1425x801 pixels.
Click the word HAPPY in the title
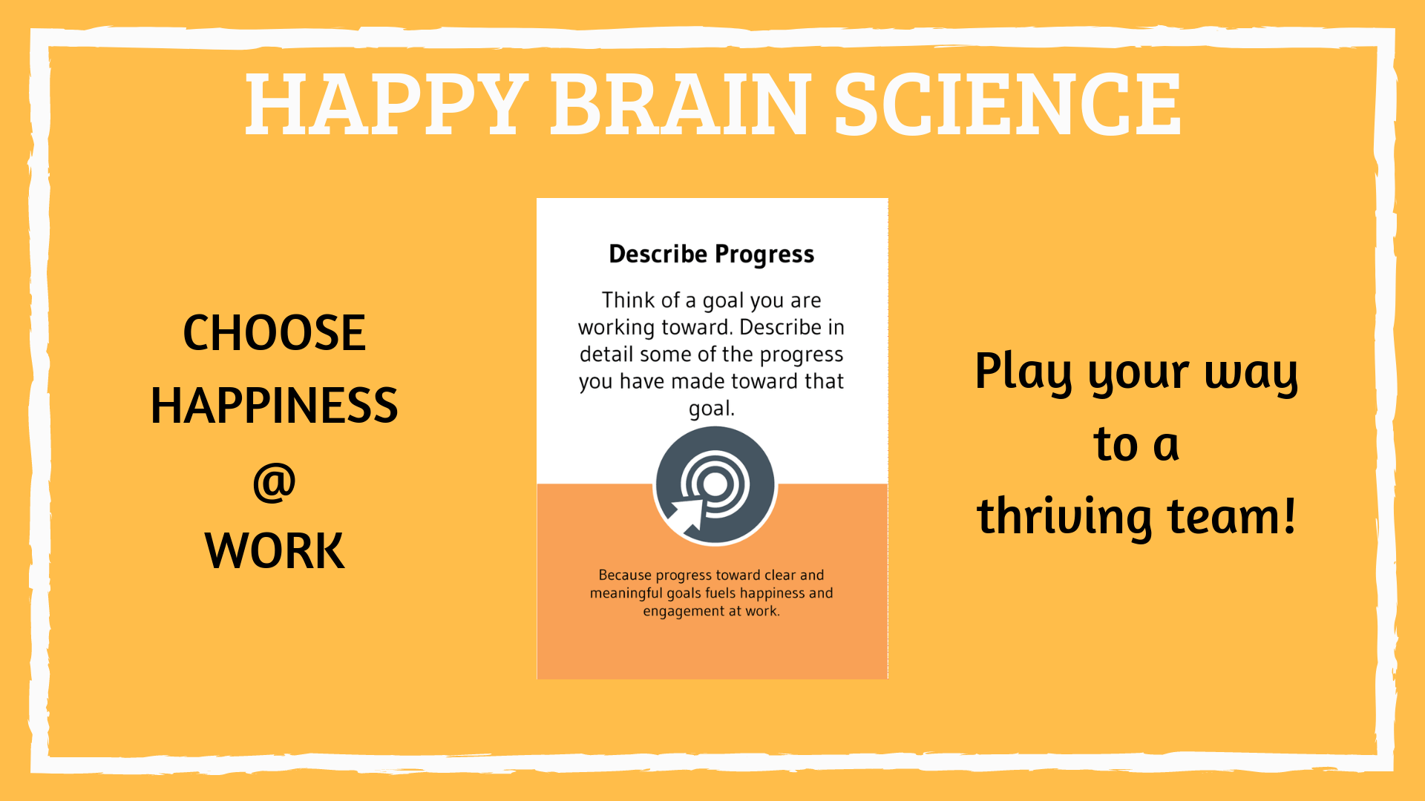pos(387,105)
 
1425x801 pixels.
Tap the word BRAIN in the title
pos(681,105)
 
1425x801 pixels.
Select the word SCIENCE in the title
pos(1007,105)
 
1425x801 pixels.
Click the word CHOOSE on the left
pos(274,332)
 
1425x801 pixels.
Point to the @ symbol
pos(274,482)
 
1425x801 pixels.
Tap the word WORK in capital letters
pos(274,551)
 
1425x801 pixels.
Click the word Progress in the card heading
pos(764,255)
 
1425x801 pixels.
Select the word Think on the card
pos(628,300)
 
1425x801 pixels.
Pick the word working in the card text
pos(616,328)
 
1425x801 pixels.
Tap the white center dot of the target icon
pos(715,484)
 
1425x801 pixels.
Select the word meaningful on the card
pos(626,593)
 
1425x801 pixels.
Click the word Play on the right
pos(1023,372)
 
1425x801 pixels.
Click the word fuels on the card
pos(721,593)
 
